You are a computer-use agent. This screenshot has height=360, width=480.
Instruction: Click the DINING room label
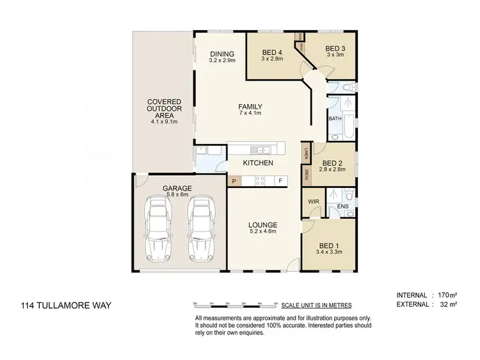tap(221, 54)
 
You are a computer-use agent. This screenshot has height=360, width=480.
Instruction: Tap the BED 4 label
tap(272, 52)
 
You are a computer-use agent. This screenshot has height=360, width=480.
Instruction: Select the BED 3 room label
tap(335, 49)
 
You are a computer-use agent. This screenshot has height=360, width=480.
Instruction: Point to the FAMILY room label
tap(250, 107)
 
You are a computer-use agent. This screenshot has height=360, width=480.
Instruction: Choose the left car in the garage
tap(158, 227)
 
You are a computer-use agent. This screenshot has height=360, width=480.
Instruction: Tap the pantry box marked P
tap(234, 181)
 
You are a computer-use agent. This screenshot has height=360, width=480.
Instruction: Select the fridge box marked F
tap(280, 181)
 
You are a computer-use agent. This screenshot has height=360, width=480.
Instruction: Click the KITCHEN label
tap(258, 163)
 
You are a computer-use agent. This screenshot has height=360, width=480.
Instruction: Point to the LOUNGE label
tap(263, 225)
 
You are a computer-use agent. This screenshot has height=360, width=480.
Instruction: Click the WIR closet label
tap(313, 201)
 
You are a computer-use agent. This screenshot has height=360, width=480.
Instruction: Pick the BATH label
tap(335, 119)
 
